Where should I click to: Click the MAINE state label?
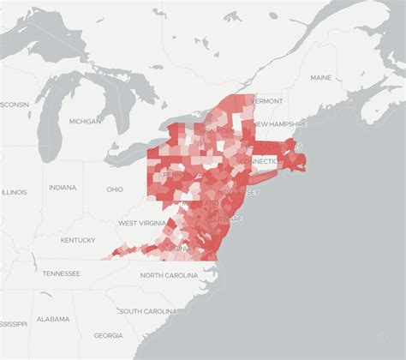(x=320, y=78)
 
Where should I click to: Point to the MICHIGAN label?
(x=85, y=123)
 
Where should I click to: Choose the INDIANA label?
(x=62, y=188)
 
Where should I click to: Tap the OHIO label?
(x=115, y=189)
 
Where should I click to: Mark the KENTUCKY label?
(x=78, y=241)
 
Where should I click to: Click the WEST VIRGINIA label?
(x=140, y=223)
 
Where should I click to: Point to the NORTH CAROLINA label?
(x=175, y=275)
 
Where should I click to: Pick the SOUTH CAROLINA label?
(x=153, y=310)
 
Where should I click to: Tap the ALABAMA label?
(x=53, y=319)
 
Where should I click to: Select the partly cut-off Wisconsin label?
(x=14, y=104)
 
